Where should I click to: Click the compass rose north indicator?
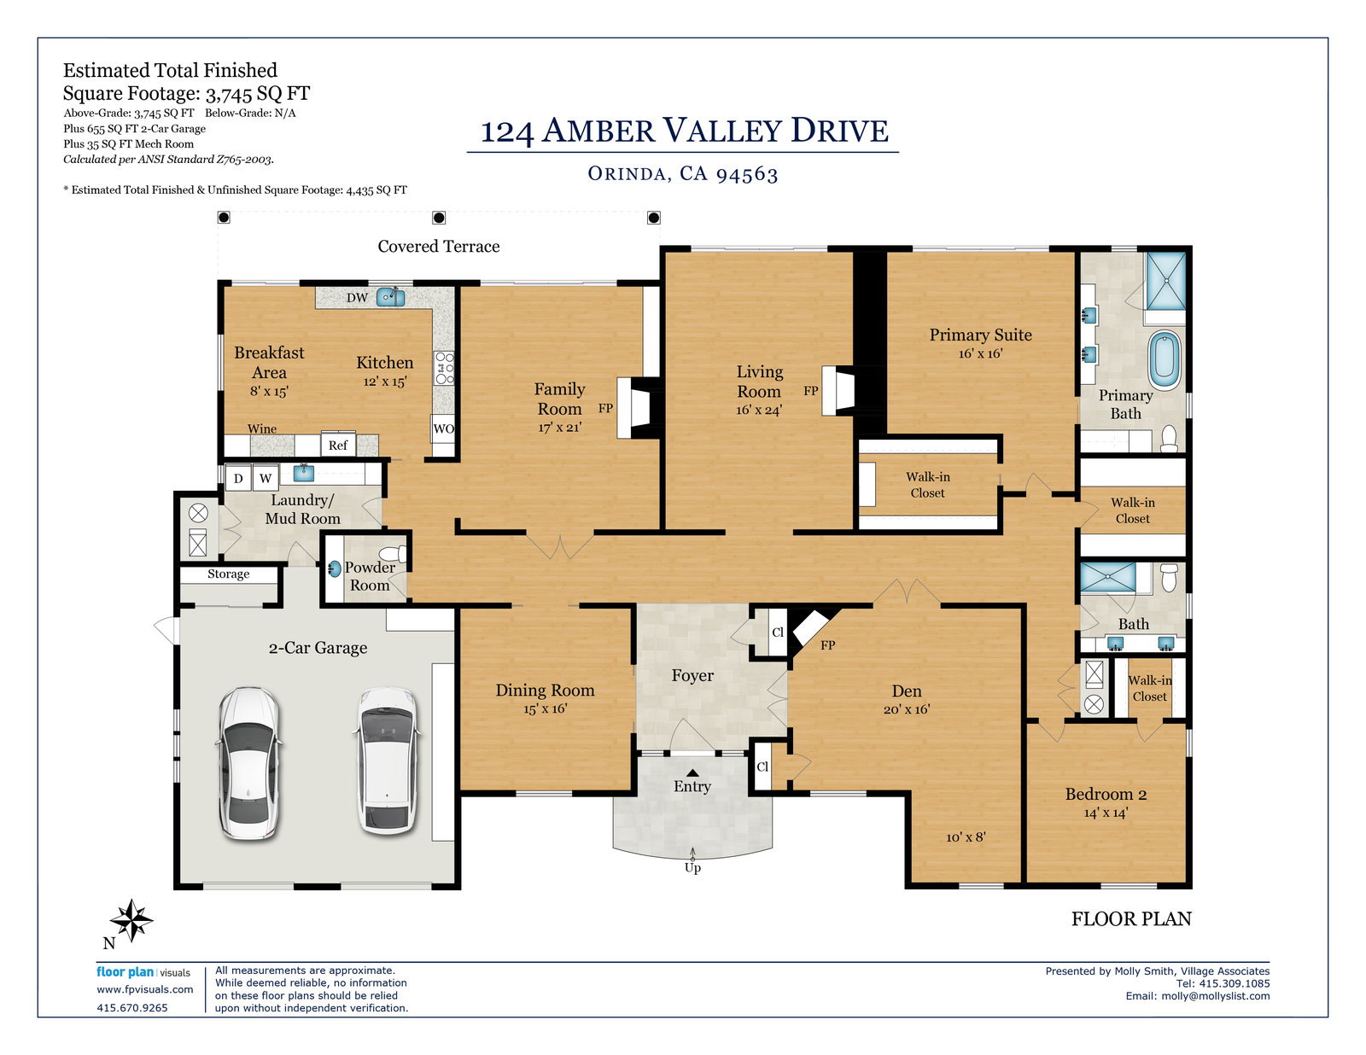pos(131,921)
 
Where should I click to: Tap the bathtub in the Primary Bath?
pos(1165,361)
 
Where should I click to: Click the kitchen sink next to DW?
pos(390,296)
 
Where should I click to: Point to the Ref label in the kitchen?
pos(337,446)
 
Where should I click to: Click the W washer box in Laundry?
pos(266,478)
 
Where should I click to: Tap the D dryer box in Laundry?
pos(238,478)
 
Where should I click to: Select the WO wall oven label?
pos(443,428)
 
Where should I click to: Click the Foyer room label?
pos(692,675)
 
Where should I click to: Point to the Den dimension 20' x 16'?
pos(907,709)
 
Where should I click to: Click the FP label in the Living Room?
pos(811,391)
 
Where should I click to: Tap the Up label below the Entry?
pos(692,868)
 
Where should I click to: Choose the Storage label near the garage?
pos(228,574)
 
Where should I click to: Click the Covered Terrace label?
pos(438,247)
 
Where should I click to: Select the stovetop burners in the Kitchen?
pos(445,368)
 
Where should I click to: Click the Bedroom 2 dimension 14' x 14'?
pos(1106,813)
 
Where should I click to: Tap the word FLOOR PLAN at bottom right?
pos(1131,919)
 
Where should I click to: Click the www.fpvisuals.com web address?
pos(144,989)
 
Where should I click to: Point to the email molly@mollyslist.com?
pos(1215,996)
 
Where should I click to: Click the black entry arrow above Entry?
pos(692,772)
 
